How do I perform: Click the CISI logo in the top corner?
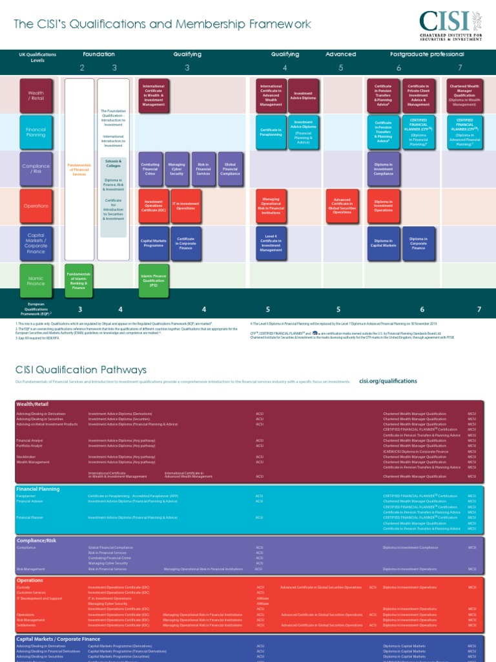click(450, 25)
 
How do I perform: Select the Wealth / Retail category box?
click(36, 96)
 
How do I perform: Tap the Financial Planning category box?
click(36, 133)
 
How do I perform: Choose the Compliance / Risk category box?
click(36, 169)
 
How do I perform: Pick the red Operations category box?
click(36, 206)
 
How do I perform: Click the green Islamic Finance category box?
click(36, 280)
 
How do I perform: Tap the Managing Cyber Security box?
click(176, 169)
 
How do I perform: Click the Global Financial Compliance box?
click(229, 169)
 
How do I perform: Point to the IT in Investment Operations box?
click(185, 206)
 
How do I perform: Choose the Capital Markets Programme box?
click(153, 243)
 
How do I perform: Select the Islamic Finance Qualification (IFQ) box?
click(153, 280)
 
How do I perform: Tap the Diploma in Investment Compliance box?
click(384, 169)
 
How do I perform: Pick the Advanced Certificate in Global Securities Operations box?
click(342, 206)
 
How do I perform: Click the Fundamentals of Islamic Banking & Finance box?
click(79, 280)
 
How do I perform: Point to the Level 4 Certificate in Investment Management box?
click(271, 243)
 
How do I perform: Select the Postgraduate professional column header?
click(427, 54)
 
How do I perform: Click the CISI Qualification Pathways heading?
click(81, 370)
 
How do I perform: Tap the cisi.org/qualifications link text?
click(387, 381)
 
